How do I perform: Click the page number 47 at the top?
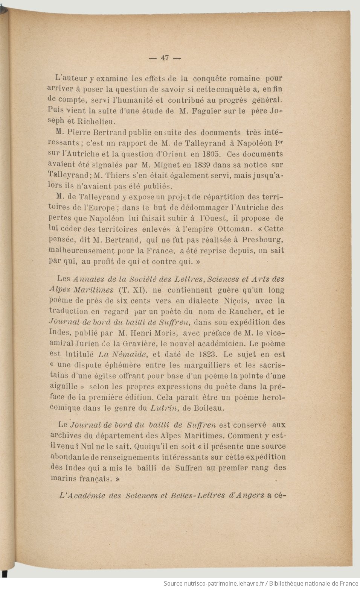click(x=165, y=58)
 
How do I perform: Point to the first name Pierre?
click(x=79, y=132)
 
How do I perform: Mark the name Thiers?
click(x=118, y=175)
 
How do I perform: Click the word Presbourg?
click(x=262, y=240)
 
